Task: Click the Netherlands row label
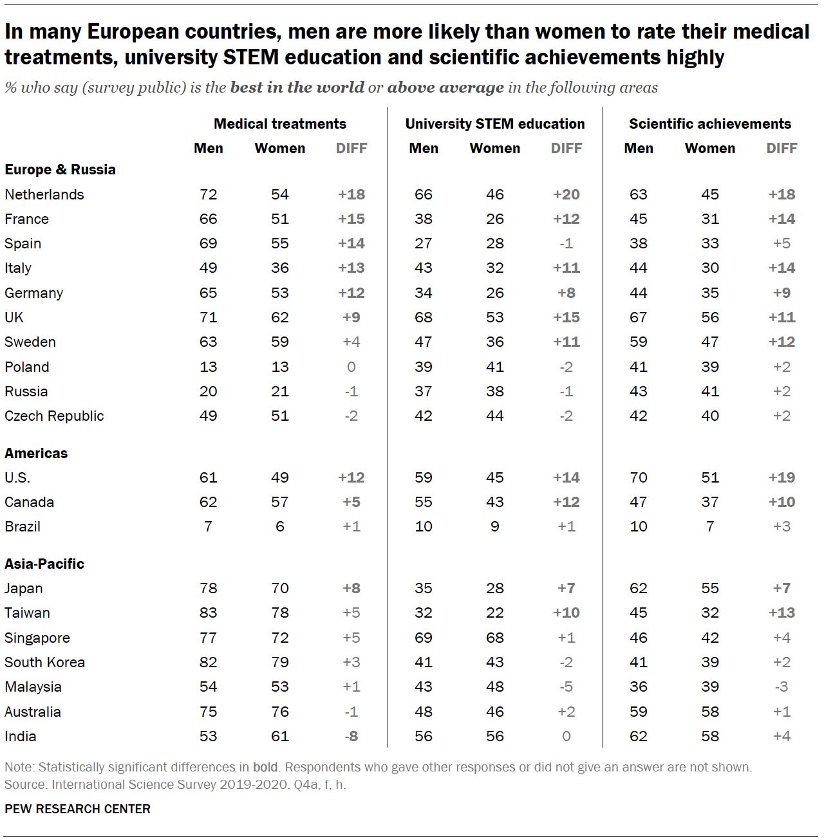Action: (44, 194)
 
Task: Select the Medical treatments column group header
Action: (280, 124)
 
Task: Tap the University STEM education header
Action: (495, 124)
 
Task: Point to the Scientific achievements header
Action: (710, 124)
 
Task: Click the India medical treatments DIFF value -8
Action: (351, 736)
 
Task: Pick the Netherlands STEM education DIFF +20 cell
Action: (566, 194)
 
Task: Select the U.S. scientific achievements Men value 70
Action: (638, 477)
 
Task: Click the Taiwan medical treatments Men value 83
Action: (208, 613)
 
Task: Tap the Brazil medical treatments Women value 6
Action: (280, 526)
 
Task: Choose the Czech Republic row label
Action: (54, 416)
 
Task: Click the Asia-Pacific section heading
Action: (44, 564)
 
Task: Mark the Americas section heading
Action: (36, 453)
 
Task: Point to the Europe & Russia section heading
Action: (60, 169)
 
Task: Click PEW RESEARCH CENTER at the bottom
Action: (77, 809)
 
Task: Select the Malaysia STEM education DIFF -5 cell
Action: (566, 687)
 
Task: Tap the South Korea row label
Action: (44, 662)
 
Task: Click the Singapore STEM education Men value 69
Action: (423, 638)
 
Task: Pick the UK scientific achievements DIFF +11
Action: (782, 317)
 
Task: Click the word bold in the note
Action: (265, 767)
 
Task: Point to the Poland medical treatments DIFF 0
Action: (351, 367)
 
